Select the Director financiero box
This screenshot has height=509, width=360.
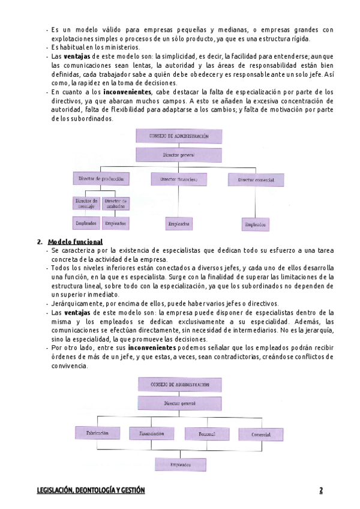pos(179,179)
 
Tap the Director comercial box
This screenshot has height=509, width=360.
pos(256,179)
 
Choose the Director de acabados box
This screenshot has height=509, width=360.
pos(115,204)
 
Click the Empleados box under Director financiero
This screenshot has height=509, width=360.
pos(179,224)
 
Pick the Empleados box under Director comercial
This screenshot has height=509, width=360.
pos(256,224)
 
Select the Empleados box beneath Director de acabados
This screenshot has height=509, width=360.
pos(115,223)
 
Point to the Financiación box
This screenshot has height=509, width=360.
pos(151,433)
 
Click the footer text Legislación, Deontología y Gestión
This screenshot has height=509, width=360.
pos(90,490)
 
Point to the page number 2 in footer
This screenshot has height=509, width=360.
pos(321,490)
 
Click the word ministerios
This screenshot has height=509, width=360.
pos(122,47)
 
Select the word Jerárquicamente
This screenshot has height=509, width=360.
pos(76,304)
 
